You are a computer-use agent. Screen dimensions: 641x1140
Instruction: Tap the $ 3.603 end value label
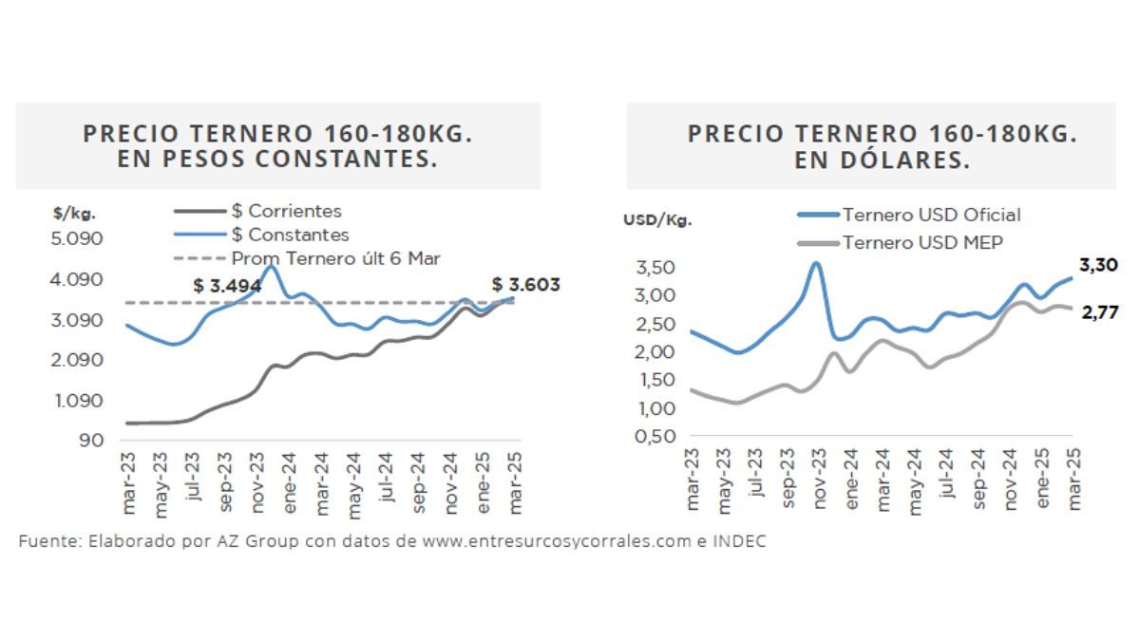(525, 284)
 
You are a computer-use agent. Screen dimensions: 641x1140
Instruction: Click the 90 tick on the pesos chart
(91, 441)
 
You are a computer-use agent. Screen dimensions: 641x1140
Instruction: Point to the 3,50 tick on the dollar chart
(656, 268)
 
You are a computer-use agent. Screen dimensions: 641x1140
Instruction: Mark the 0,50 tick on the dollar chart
(656, 437)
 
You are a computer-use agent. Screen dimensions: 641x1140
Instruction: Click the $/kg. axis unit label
(74, 214)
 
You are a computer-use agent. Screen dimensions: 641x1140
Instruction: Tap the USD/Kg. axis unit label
(657, 220)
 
